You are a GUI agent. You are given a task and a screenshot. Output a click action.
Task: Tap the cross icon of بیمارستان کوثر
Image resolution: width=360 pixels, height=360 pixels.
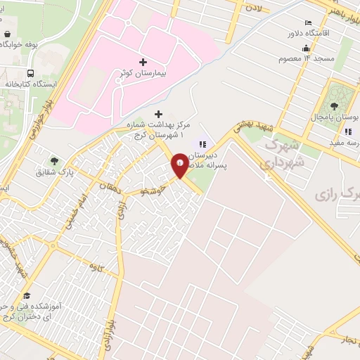pyautogui.click(x=143, y=63)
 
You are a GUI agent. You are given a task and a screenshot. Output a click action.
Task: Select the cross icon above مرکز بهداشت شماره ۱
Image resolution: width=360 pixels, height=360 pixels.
pyautogui.click(x=158, y=114)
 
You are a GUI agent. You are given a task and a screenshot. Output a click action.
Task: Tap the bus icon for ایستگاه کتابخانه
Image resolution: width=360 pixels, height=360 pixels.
pyautogui.click(x=30, y=73)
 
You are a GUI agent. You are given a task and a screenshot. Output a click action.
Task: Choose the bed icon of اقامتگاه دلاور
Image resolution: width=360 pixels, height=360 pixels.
pyautogui.click(x=308, y=22)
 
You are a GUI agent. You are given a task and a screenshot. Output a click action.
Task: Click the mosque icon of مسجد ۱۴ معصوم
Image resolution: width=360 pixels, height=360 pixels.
pyautogui.click(x=306, y=49)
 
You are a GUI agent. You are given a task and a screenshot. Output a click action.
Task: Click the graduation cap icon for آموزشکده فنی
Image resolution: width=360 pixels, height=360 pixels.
pyautogui.click(x=27, y=295)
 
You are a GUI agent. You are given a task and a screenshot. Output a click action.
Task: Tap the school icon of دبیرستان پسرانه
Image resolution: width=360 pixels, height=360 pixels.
pyautogui.click(x=203, y=144)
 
